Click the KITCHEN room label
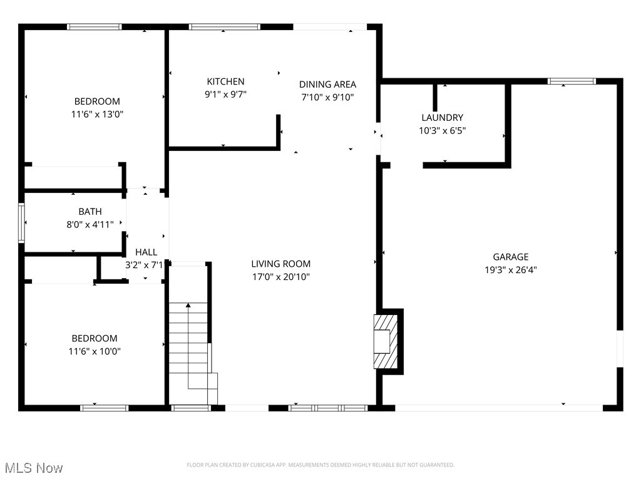tap(225, 81)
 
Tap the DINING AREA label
tap(327, 85)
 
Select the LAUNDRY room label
tap(442, 118)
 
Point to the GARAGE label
tap(510, 257)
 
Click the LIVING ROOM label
tap(280, 264)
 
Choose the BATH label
tap(90, 212)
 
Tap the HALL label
tap(146, 252)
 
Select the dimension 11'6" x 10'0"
tap(95, 351)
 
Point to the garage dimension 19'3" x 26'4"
tap(510, 270)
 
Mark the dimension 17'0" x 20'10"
tap(280, 277)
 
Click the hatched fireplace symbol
tap(385, 341)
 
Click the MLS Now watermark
tap(34, 468)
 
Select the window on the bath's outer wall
tap(21, 223)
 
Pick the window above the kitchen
tap(224, 27)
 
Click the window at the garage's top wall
tap(572, 81)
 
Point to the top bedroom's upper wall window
tap(95, 27)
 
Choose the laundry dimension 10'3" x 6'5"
tap(442, 131)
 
